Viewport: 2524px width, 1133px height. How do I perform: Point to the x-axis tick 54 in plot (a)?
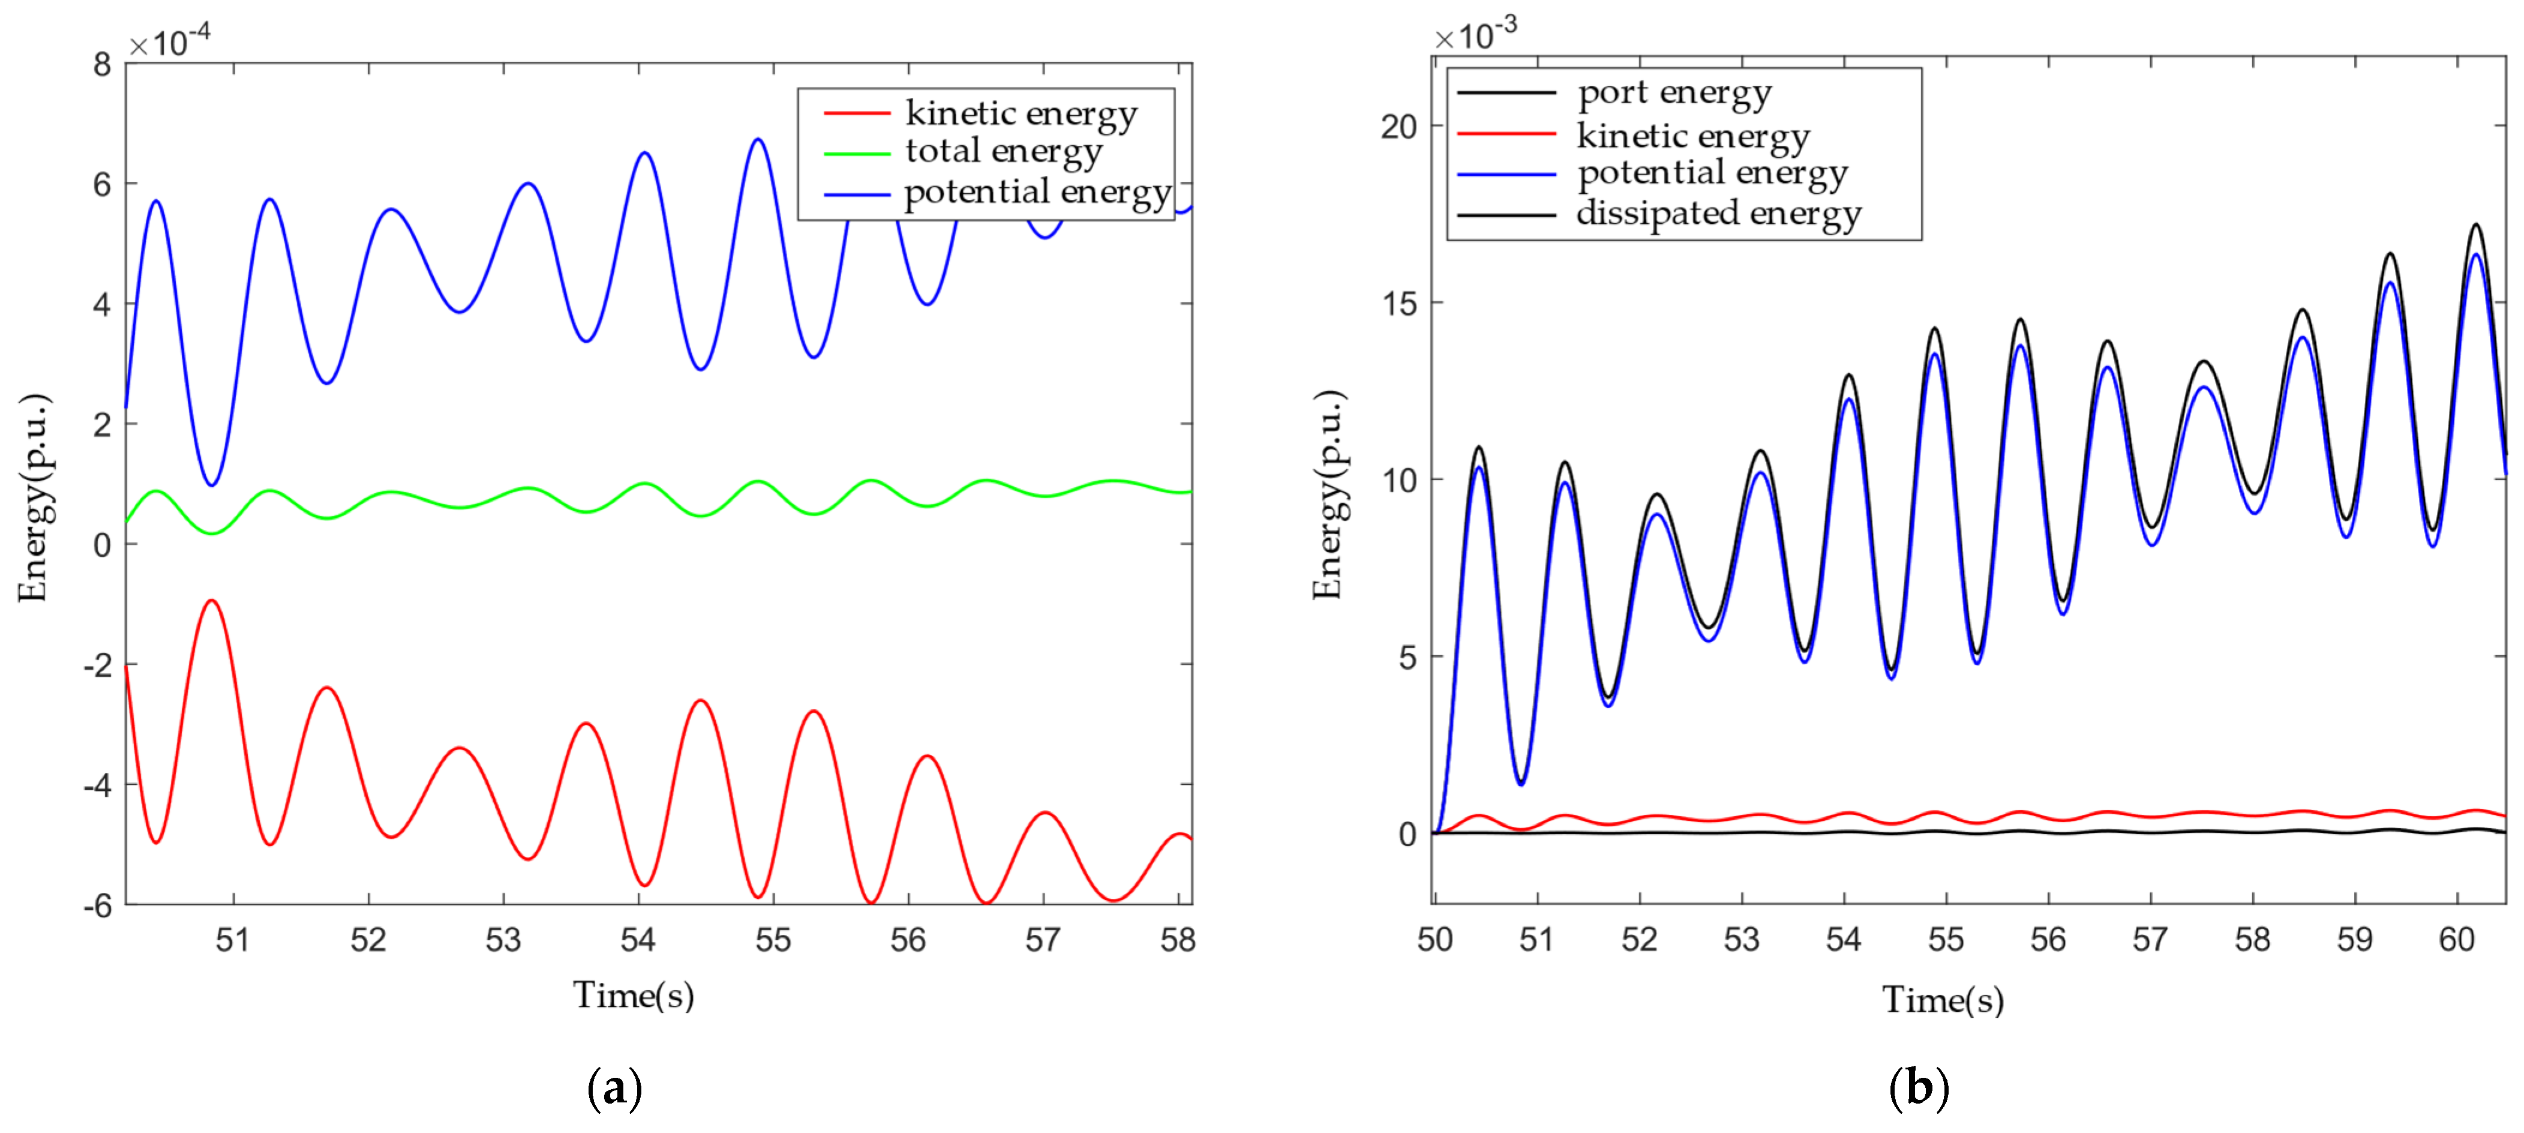pyautogui.click(x=638, y=940)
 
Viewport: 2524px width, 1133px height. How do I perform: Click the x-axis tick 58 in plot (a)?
pyautogui.click(x=1178, y=940)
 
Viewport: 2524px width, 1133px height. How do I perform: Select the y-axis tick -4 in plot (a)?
pyautogui.click(x=97, y=785)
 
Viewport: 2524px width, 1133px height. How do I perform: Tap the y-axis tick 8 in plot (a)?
pyautogui.click(x=102, y=65)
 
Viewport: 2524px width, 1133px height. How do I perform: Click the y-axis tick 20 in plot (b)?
pyautogui.click(x=1398, y=127)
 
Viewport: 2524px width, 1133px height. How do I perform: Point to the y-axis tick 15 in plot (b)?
pyautogui.click(x=1398, y=304)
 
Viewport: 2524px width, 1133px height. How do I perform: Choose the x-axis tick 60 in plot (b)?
pyautogui.click(x=2456, y=940)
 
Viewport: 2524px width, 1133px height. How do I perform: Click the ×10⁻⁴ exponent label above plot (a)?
pyautogui.click(x=170, y=41)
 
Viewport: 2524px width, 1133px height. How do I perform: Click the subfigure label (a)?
pyautogui.click(x=614, y=1088)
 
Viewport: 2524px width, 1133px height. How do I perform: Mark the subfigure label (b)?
pyautogui.click(x=1917, y=1088)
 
